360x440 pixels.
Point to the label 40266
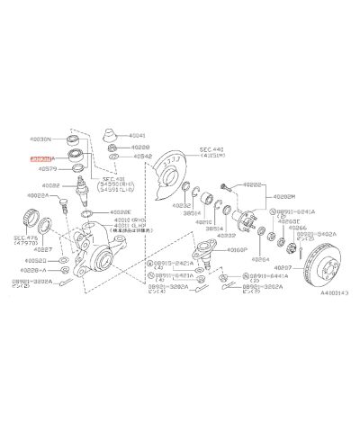[298, 229]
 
